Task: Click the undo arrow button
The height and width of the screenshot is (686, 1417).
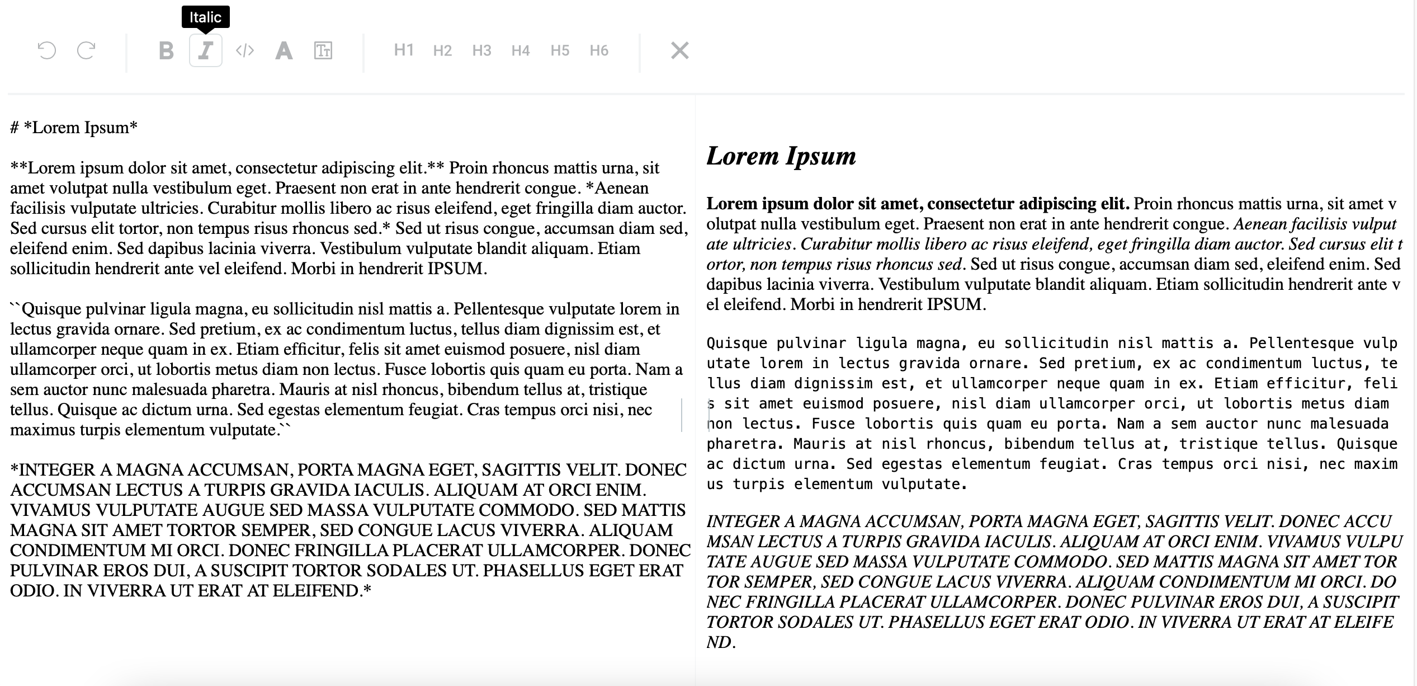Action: click(47, 51)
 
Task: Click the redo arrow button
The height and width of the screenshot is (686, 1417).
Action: click(86, 51)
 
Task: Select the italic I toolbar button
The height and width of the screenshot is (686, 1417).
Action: click(205, 51)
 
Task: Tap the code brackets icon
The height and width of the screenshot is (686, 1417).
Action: click(244, 51)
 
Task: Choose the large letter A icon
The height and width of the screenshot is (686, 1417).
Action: click(284, 51)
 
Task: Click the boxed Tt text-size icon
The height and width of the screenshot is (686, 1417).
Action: click(323, 51)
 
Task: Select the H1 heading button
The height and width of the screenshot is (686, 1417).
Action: click(403, 50)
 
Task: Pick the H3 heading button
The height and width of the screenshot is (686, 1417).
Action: click(481, 51)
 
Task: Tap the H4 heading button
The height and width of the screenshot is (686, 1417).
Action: click(520, 51)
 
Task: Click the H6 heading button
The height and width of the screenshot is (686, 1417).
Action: click(599, 51)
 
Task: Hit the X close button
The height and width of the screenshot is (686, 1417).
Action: click(679, 51)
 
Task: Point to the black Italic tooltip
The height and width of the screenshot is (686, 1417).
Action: click(205, 17)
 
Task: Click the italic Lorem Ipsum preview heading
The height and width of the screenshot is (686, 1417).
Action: click(781, 156)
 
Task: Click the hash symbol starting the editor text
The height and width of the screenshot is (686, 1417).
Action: click(15, 128)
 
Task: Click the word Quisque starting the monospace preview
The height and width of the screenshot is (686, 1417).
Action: click(736, 344)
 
